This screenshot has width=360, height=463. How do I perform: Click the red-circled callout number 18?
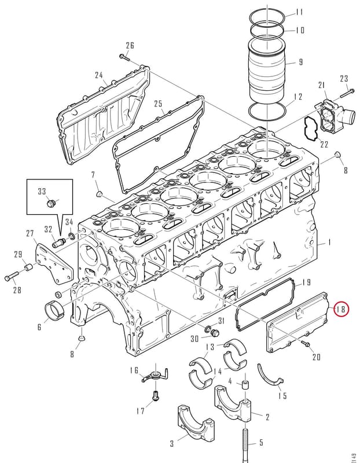pyautogui.click(x=341, y=309)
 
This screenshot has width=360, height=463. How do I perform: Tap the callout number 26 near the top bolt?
pyautogui.click(x=130, y=46)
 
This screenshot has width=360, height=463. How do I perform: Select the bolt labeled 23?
pyautogui.click(x=347, y=93)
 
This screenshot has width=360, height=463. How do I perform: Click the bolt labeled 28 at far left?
pyautogui.click(x=12, y=276)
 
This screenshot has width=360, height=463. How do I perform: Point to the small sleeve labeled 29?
pyautogui.click(x=28, y=267)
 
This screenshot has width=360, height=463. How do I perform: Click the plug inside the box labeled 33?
pyautogui.click(x=51, y=203)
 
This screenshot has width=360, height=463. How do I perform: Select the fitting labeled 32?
pyautogui.click(x=59, y=242)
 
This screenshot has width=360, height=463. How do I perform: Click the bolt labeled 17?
pyautogui.click(x=156, y=396)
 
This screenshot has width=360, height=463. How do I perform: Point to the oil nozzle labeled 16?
pyautogui.click(x=155, y=376)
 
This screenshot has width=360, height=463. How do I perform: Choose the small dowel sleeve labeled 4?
pyautogui.click(x=245, y=385)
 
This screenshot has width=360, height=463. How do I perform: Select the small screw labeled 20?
pyautogui.click(x=305, y=344)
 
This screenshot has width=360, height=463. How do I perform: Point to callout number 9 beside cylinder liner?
pyautogui.click(x=300, y=62)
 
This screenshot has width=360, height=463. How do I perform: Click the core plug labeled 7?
pyautogui.click(x=100, y=194)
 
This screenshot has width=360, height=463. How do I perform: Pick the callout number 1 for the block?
pyautogui.click(x=329, y=242)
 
